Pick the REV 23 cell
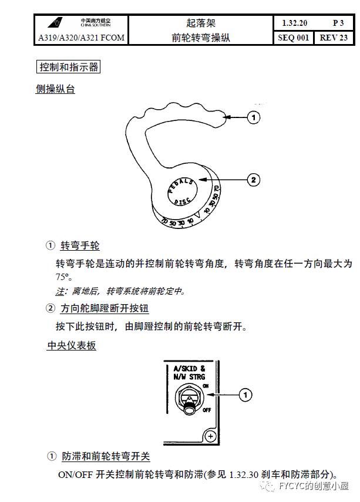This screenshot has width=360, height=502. pyautogui.click(x=334, y=38)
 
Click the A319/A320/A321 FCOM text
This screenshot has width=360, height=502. pyautogui.click(x=80, y=38)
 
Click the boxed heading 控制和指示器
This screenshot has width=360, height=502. pyautogui.click(x=68, y=67)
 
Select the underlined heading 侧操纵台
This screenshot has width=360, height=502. pyautogui.click(x=55, y=89)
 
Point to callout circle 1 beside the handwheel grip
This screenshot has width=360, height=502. pyautogui.click(x=253, y=118)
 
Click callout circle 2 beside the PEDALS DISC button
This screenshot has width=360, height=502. pyautogui.click(x=253, y=180)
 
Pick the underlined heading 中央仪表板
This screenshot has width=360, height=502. pyautogui.click(x=71, y=346)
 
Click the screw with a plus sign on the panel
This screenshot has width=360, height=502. pyautogui.click(x=209, y=435)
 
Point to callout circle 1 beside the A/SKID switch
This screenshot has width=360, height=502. pyautogui.click(x=247, y=395)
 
